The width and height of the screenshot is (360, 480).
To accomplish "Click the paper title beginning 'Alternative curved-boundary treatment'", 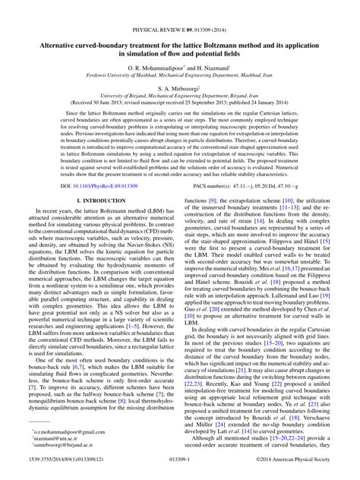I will coord(180,27).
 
